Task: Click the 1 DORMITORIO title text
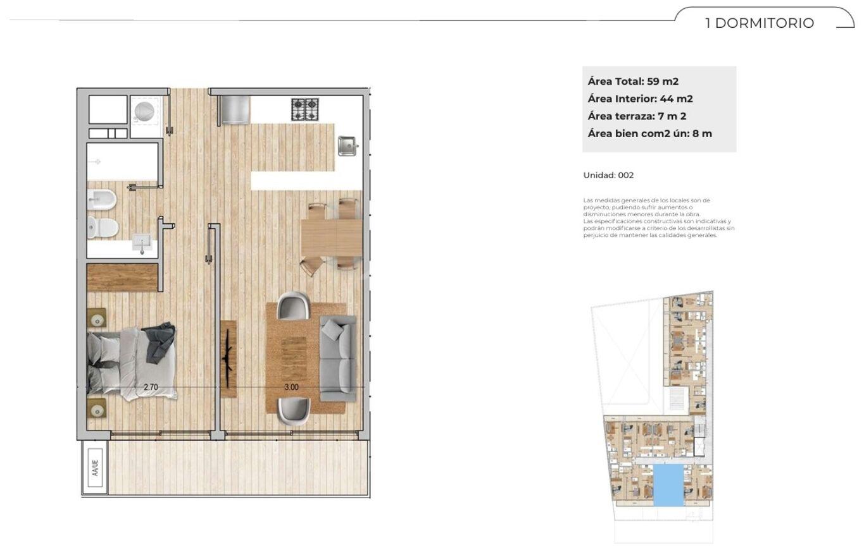(x=760, y=23)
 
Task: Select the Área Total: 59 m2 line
(x=633, y=82)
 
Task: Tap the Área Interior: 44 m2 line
(x=641, y=99)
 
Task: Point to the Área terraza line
(x=637, y=116)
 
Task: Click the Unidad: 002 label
(x=608, y=175)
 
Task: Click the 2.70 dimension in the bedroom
(x=151, y=387)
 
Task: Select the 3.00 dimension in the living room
(x=291, y=387)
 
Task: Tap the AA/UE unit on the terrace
(x=95, y=468)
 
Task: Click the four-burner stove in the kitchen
(x=305, y=109)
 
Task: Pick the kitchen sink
(x=347, y=146)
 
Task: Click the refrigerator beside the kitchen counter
(x=234, y=110)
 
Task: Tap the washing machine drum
(x=144, y=111)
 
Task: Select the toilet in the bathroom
(x=103, y=227)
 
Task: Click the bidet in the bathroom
(x=102, y=200)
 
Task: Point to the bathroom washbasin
(x=142, y=243)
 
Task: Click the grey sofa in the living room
(x=338, y=359)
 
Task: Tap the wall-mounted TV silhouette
(x=228, y=358)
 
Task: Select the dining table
(x=332, y=237)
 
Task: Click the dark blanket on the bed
(x=159, y=342)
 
